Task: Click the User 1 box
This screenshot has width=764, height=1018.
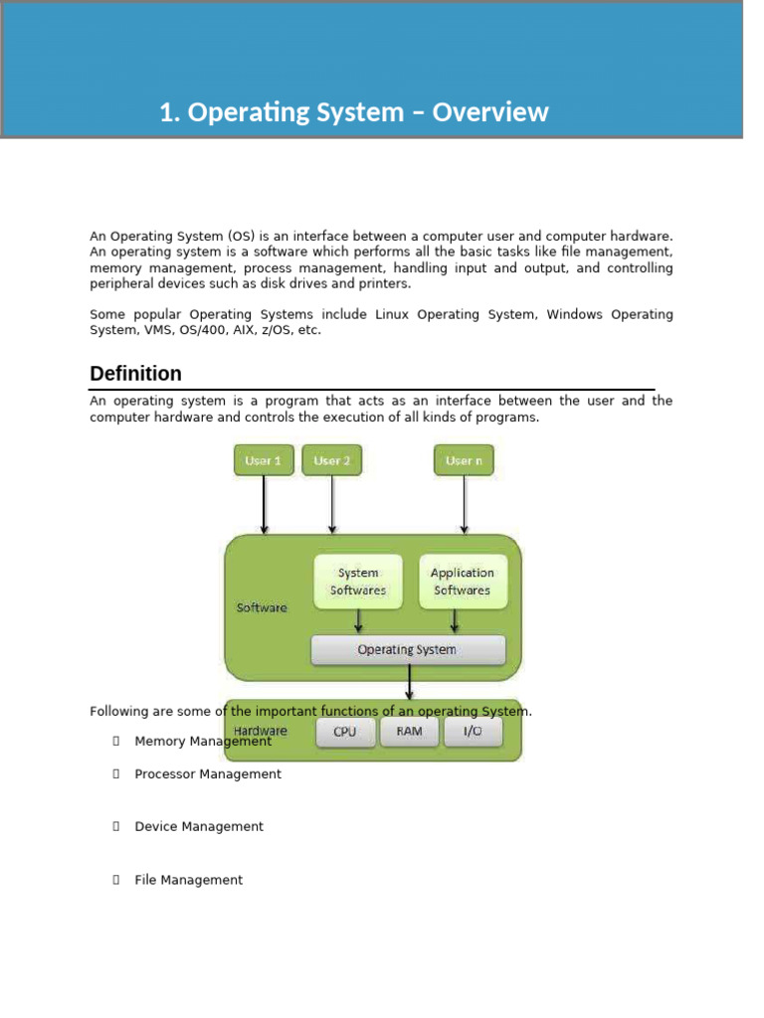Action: click(264, 460)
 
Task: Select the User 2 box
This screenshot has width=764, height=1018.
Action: click(331, 460)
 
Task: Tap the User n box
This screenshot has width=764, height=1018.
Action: click(464, 460)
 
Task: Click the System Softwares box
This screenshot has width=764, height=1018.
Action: click(358, 582)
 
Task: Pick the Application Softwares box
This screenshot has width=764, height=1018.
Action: click(462, 582)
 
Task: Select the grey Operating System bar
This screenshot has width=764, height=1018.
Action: click(408, 650)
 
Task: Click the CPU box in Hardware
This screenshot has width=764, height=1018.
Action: click(345, 732)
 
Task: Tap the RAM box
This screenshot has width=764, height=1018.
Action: click(409, 732)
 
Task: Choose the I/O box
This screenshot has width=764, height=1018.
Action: click(472, 732)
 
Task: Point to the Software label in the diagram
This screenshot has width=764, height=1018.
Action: click(262, 607)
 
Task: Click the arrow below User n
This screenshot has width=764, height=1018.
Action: click(464, 505)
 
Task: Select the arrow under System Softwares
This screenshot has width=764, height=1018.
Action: click(358, 621)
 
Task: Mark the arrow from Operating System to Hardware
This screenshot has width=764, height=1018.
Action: click(409, 683)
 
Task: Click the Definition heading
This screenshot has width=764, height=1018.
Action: click(135, 374)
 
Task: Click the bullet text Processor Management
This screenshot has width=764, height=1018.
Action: click(208, 774)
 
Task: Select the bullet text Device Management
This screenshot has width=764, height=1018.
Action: click(199, 827)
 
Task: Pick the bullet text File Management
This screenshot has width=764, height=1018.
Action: click(188, 880)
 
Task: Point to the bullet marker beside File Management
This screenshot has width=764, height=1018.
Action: click(116, 880)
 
